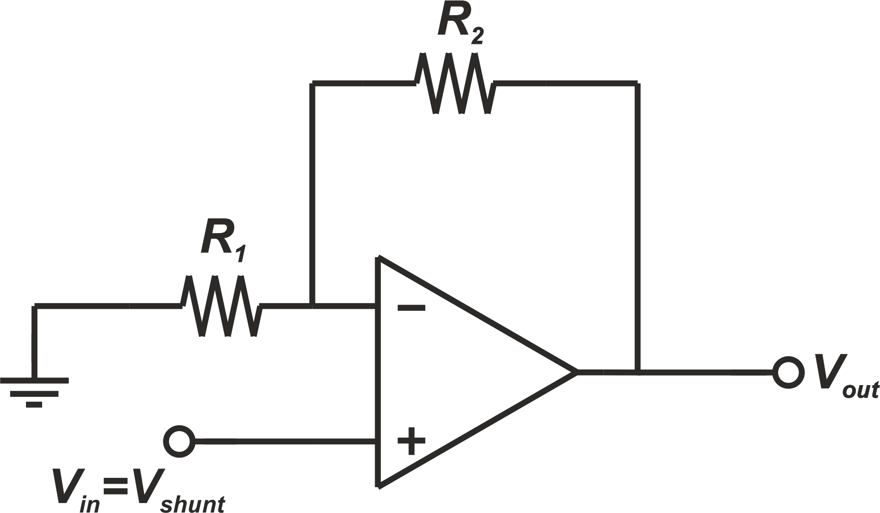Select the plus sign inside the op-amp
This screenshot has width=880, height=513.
[411, 441]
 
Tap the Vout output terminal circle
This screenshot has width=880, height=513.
[788, 372]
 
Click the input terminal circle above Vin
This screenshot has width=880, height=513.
[179, 441]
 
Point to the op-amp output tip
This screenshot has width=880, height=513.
[575, 372]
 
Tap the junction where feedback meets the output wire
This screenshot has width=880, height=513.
[638, 372]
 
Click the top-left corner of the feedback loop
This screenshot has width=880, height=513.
[312, 83]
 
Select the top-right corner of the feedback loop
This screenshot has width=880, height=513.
[638, 83]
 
